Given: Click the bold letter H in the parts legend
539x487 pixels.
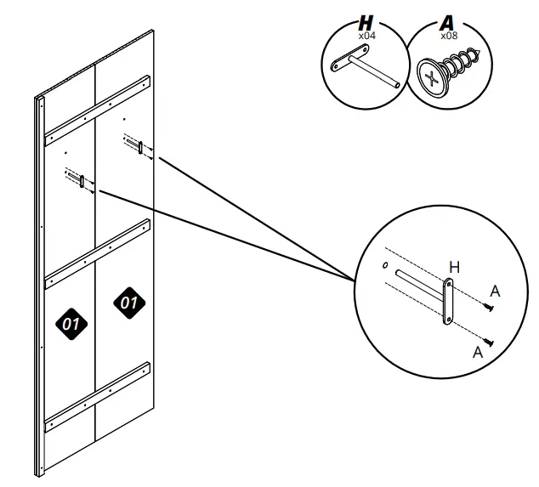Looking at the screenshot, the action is (x=366, y=23).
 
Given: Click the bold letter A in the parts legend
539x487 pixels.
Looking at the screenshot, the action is (x=447, y=23).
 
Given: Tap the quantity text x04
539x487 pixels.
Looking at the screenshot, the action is (x=367, y=36).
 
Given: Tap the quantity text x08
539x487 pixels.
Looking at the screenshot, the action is (x=449, y=36).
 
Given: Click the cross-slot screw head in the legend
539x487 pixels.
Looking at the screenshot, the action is (x=433, y=77).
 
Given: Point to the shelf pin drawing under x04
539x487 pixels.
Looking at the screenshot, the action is (x=365, y=66).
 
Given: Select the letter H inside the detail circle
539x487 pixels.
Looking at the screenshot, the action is (x=455, y=267).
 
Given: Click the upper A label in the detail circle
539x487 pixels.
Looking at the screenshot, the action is (x=495, y=292).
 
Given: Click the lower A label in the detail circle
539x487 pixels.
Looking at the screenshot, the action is (x=478, y=352).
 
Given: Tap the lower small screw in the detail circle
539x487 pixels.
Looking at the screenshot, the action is (x=489, y=342).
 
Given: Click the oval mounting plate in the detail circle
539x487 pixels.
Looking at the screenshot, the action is (x=448, y=302).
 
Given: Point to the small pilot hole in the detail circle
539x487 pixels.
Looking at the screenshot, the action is (x=385, y=265).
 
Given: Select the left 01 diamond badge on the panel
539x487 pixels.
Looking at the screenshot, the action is (x=71, y=324).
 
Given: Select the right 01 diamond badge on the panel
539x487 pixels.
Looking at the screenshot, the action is (x=129, y=303).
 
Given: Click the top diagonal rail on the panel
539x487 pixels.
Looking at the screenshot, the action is (x=98, y=110).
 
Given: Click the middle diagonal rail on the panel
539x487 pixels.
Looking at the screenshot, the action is (x=98, y=254).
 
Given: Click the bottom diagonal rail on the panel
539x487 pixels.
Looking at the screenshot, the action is (x=98, y=397).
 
